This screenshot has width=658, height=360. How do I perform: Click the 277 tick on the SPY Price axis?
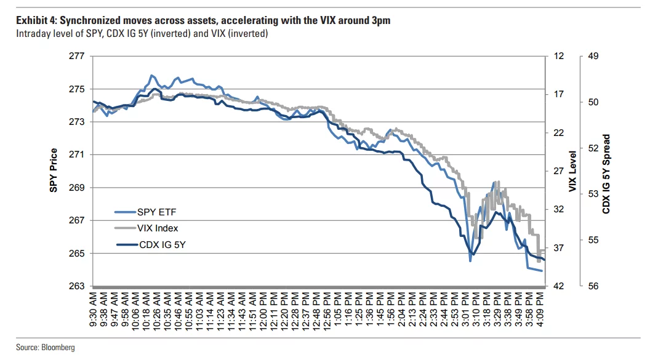(76, 56)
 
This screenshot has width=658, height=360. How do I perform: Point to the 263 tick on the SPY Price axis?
(76, 286)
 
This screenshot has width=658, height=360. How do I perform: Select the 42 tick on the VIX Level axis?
(559, 286)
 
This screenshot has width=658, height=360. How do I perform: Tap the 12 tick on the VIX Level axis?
(559, 56)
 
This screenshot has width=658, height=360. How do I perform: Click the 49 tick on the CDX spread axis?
(593, 56)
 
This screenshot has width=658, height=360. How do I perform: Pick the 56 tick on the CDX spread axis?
(593, 286)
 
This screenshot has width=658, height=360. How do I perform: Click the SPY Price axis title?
(54, 170)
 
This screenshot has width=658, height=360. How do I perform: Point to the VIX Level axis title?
(572, 171)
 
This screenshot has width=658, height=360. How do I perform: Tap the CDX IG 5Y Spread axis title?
(606, 174)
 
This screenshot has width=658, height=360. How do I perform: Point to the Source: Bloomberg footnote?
(46, 348)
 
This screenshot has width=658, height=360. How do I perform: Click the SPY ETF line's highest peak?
(151, 76)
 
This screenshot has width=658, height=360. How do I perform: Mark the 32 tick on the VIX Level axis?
(559, 209)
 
